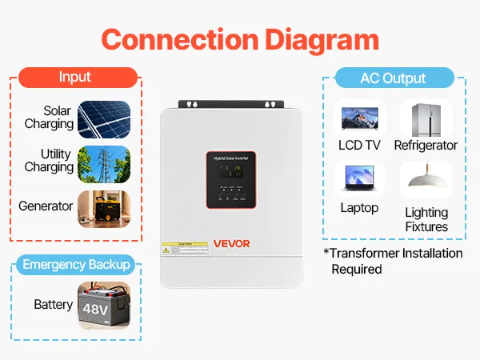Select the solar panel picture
click(x=104, y=119)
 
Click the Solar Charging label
click(x=50, y=118)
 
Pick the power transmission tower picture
click(x=104, y=164)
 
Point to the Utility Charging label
click(x=50, y=160)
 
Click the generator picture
click(x=104, y=210)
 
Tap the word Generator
click(x=46, y=206)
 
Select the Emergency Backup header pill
click(x=76, y=265)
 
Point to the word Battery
click(x=54, y=305)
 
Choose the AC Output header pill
click(x=392, y=78)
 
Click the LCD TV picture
click(x=359, y=118)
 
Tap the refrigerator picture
click(x=425, y=118)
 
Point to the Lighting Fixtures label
click(x=426, y=219)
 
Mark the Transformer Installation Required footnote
click(x=394, y=261)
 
